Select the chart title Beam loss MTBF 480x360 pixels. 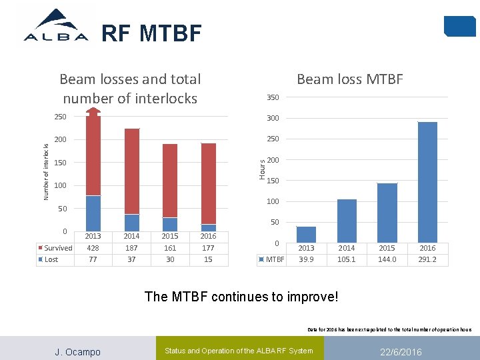click(x=349, y=79)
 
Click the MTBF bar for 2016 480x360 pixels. click(x=427, y=182)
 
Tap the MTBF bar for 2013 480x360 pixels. click(x=306, y=235)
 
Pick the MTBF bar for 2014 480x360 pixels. click(x=347, y=221)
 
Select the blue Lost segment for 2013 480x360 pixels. click(x=93, y=213)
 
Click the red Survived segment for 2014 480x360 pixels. click(x=132, y=171)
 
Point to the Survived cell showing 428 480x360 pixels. click(x=93, y=248)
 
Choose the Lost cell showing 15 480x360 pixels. click(x=208, y=259)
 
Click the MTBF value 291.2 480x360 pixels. click(x=427, y=259)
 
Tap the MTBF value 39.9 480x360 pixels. click(x=306, y=259)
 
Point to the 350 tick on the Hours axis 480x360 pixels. click(x=273, y=97)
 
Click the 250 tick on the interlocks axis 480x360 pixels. click(x=60, y=117)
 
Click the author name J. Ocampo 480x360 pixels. click(x=77, y=351)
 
